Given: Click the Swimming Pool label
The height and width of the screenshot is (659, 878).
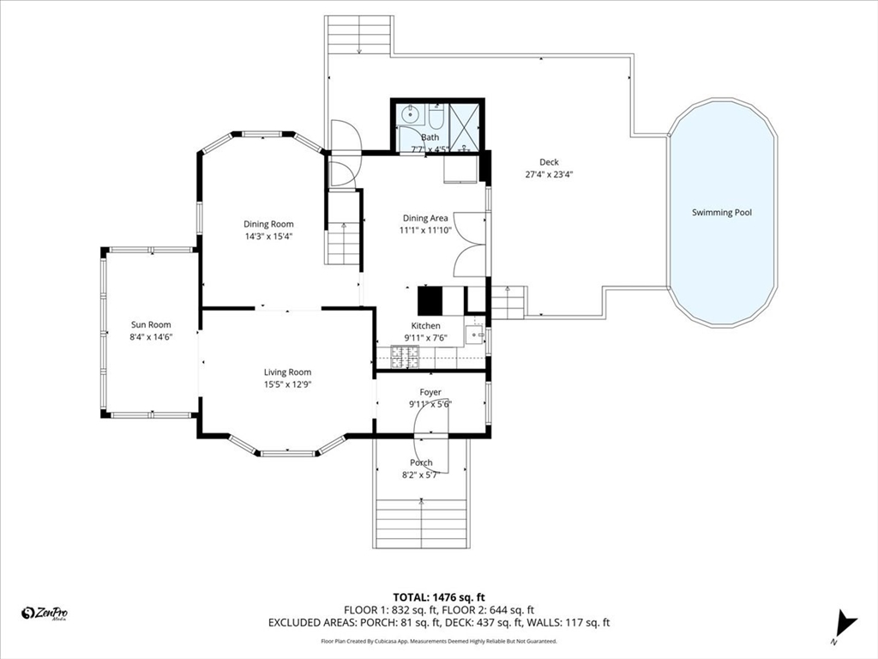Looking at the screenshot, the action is click(x=721, y=213).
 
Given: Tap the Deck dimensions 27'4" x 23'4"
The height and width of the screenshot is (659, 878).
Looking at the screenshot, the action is click(x=549, y=174).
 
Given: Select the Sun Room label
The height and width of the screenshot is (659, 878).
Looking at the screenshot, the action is click(x=151, y=324).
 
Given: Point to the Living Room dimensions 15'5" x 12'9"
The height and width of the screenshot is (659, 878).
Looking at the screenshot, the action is click(x=287, y=384).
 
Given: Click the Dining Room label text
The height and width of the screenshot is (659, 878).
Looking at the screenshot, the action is click(x=268, y=224).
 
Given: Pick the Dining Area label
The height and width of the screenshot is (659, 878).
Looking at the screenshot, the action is click(x=425, y=218).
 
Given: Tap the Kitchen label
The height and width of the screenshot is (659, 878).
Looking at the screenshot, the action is click(x=425, y=325).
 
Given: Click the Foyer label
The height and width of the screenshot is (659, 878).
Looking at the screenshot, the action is click(x=430, y=392).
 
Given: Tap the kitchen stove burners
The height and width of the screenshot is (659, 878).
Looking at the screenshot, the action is click(x=405, y=357).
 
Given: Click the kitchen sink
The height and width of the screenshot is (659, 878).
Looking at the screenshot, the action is click(x=475, y=336).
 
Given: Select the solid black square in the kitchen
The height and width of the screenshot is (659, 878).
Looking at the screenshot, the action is click(x=430, y=300).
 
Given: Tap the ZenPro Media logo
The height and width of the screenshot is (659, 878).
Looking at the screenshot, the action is click(x=45, y=614).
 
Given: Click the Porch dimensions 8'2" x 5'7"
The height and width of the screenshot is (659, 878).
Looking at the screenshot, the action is click(x=421, y=475).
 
